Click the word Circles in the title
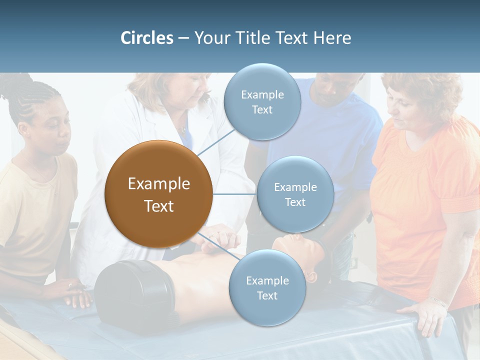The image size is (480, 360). tap(147, 38)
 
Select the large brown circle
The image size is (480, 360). tap(158, 194)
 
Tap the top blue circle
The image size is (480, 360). tap(262, 101)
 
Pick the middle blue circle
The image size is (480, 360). tap(295, 194)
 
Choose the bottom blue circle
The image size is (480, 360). tap(267, 287)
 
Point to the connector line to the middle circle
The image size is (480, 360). tap(235, 194)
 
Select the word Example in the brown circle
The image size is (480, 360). tap(158, 184)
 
